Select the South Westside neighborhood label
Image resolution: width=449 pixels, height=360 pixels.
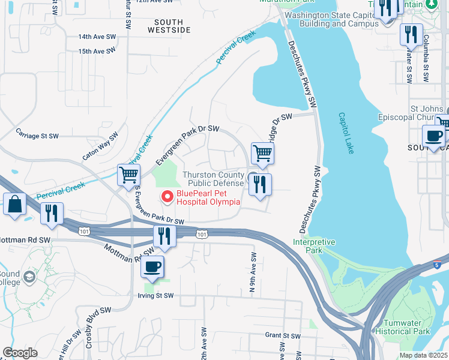click(x=169, y=25)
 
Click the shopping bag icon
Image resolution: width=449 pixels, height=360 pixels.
click(x=14, y=204)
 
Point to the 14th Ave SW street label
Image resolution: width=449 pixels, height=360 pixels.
click(x=97, y=37)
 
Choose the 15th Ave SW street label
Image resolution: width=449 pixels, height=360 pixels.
click(x=97, y=52)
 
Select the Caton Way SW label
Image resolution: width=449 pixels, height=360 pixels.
click(x=98, y=150)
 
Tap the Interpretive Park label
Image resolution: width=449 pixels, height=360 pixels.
click(x=314, y=245)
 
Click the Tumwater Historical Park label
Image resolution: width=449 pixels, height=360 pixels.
click(x=406, y=327)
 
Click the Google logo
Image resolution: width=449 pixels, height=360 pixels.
click(x=20, y=353)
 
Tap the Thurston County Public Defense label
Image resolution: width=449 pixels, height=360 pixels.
click(x=213, y=179)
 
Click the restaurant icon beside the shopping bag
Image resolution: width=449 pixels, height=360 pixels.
click(x=50, y=214)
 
